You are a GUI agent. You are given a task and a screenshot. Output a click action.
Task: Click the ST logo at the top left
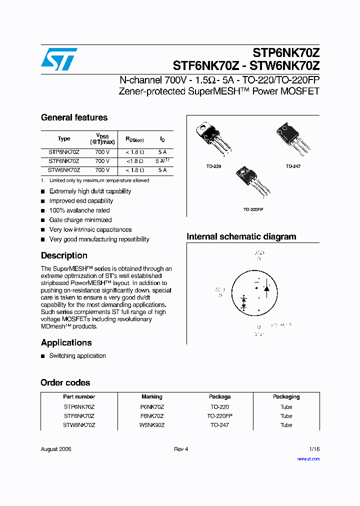(x=59, y=59)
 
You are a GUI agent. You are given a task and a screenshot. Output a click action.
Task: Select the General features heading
(x=74, y=117)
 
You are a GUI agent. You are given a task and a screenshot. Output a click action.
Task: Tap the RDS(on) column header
(x=134, y=139)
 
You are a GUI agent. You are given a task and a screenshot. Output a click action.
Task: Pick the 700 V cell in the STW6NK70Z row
(x=102, y=170)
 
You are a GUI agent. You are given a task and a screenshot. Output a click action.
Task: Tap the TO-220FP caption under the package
(x=253, y=209)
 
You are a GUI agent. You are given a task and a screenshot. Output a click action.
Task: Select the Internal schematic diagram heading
(x=241, y=236)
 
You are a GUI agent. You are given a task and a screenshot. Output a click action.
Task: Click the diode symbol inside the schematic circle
(x=266, y=288)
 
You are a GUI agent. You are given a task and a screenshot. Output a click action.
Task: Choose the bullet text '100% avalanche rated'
(x=79, y=210)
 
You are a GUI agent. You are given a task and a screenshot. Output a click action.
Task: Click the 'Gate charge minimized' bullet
(x=80, y=220)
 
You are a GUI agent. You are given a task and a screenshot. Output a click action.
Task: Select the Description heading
(x=64, y=255)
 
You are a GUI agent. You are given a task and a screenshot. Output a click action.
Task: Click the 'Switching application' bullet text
(x=77, y=356)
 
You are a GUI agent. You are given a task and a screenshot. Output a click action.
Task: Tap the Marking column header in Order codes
(x=151, y=396)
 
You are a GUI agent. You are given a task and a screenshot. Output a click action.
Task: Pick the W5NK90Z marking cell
(x=152, y=425)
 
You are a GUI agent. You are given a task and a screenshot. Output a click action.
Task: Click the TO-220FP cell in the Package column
(x=220, y=416)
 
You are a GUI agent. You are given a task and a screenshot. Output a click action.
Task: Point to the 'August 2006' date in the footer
(x=56, y=449)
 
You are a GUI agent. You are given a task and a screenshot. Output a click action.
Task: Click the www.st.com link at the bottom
(x=308, y=459)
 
